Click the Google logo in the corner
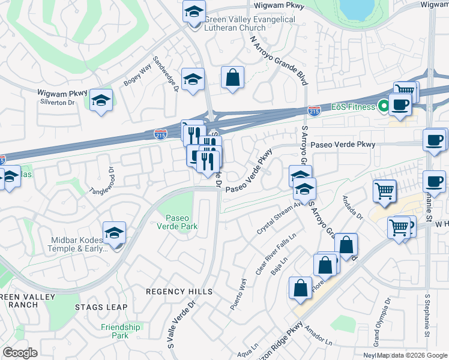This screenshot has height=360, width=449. [20, 353]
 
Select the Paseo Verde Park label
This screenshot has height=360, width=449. [181, 221]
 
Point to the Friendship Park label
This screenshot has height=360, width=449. [120, 331]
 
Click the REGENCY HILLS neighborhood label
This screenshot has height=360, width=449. [179, 292]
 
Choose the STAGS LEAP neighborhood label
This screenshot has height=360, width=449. [101, 307]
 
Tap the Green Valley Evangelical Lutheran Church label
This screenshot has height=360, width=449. [250, 23]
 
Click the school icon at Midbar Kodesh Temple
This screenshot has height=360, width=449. [114, 233]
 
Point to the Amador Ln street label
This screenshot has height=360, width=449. [318, 335]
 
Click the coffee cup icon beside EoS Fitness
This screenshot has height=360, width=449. [400, 104]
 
